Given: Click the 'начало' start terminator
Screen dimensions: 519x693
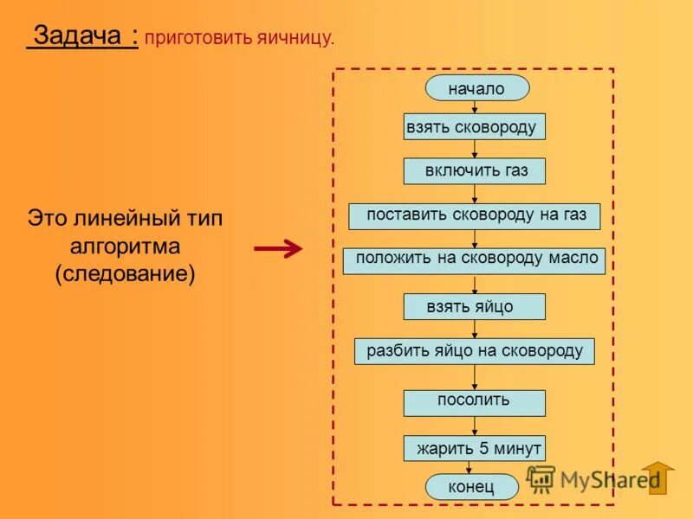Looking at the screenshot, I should (476, 88).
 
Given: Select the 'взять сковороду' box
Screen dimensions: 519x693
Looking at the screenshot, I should (474, 127).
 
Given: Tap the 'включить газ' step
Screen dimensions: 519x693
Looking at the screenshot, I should (474, 170).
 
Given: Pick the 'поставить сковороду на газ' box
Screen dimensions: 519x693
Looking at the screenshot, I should (474, 215).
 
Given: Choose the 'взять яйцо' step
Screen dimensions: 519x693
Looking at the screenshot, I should (474, 307).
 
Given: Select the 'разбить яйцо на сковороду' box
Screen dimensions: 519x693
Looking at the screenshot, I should (474, 351).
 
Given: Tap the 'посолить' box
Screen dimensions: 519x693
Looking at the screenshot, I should (474, 402).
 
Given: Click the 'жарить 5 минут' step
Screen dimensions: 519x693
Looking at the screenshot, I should (474, 448).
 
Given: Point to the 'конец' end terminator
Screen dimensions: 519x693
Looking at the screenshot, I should (471, 487).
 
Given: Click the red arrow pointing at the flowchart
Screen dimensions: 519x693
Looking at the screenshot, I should (277, 249).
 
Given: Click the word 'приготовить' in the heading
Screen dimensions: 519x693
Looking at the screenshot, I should (198, 38).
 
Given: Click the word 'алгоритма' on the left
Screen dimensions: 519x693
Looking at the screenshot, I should (125, 246).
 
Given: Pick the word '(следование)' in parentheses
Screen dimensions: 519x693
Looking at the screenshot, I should (125, 274).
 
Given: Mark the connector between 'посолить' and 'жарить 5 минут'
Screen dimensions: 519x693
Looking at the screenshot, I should (475, 426).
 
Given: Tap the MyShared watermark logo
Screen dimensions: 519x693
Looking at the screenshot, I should (589, 478).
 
